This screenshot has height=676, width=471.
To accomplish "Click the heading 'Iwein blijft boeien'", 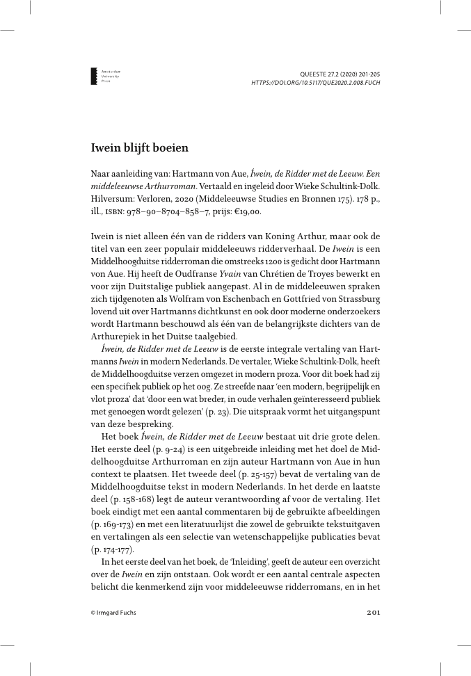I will (140, 147).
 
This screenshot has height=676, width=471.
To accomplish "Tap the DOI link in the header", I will (316, 82).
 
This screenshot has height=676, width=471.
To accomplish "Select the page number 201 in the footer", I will (373, 613).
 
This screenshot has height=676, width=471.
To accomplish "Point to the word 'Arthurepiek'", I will (118, 318).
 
